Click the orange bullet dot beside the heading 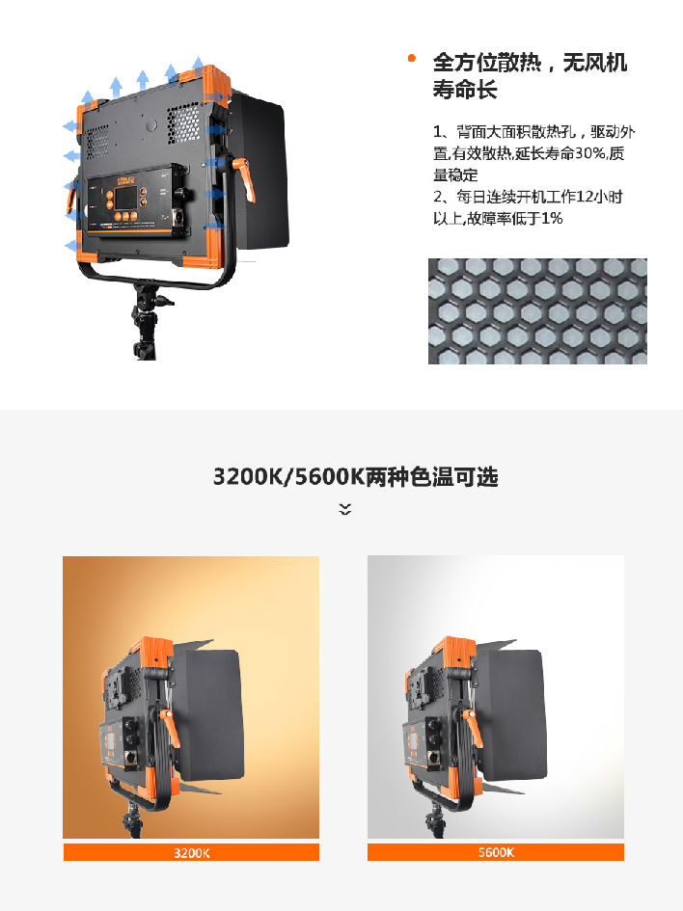point(412,58)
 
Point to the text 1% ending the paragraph point(552,219)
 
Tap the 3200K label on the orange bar point(191,853)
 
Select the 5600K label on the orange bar point(496,852)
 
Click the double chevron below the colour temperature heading point(344,510)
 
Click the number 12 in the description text point(584,197)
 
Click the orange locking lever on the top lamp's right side point(244,177)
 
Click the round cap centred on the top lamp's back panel point(151,124)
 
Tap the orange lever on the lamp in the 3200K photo point(171,728)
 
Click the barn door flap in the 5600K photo point(513,715)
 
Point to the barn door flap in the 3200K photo point(208,715)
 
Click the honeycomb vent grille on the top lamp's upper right point(183,123)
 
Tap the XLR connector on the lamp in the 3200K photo point(129,759)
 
